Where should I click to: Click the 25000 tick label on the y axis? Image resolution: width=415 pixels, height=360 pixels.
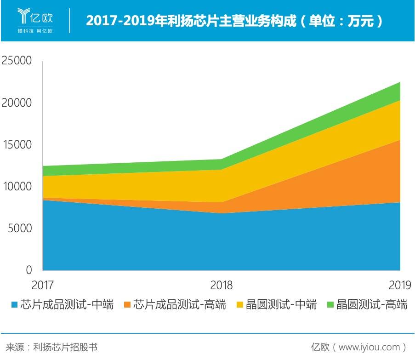17,60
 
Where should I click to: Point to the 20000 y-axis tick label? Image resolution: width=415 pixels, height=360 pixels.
17,103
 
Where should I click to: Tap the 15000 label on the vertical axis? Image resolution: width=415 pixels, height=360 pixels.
17,144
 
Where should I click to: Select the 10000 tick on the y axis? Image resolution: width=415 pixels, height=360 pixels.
17,186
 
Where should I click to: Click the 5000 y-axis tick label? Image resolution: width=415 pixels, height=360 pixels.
20,228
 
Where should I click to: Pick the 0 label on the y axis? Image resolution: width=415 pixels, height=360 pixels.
29,270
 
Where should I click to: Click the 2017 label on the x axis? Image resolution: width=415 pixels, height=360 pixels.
42,285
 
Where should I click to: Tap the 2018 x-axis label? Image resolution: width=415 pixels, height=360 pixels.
221,285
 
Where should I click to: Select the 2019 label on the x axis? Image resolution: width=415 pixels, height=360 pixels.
400,285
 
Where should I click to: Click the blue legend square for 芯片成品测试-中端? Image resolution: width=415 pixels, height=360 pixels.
15,304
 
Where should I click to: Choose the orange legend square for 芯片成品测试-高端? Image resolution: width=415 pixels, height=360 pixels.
127,304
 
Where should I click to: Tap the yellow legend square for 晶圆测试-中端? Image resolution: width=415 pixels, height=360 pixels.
240,304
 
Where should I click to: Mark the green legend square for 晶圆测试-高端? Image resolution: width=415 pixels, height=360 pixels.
330,304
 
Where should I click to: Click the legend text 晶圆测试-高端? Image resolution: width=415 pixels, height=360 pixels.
372,304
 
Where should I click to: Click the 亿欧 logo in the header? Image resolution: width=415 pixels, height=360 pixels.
35,16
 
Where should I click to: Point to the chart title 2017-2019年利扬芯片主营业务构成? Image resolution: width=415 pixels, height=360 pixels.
191,21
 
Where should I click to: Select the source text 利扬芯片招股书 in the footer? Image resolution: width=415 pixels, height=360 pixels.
65,347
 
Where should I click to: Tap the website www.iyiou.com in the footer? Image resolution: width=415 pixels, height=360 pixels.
369,347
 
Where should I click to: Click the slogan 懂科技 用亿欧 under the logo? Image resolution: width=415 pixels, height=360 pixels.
35,31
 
